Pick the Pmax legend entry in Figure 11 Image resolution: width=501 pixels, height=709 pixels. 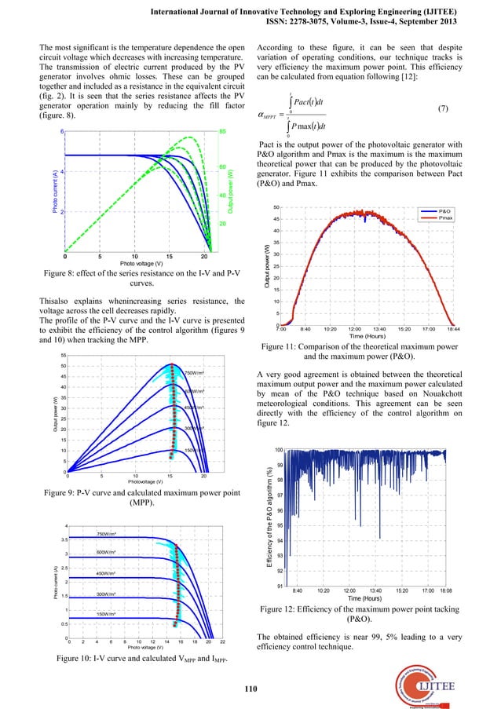click(445, 218)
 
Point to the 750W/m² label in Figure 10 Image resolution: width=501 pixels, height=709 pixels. click(107, 534)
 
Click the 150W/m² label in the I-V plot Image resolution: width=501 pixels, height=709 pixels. click(107, 614)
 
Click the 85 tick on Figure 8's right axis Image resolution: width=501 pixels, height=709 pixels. click(223, 132)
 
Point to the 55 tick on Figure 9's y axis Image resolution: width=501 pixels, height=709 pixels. click(61, 355)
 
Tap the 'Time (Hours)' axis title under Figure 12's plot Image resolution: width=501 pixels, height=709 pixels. click(371, 599)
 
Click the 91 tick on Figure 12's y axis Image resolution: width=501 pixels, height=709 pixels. click(279, 587)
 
